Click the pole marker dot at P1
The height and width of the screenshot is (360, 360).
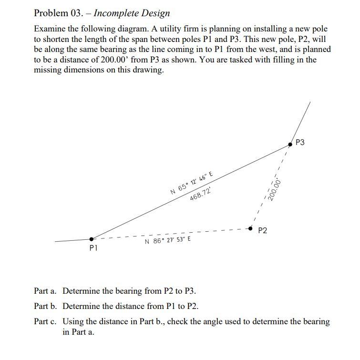92,238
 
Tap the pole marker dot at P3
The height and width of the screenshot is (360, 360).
290,144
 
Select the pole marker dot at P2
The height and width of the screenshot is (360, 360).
250,229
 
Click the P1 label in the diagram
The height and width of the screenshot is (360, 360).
93,248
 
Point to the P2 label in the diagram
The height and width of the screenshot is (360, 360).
262,231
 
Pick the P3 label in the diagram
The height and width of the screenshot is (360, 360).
300,142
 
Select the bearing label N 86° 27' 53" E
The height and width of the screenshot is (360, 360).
168,240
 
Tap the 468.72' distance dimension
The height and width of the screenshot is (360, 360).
200,195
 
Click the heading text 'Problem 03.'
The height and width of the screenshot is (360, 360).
54,13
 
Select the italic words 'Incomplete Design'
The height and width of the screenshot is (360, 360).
132,13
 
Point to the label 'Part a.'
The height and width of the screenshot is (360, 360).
46,291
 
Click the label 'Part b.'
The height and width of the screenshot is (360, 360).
46,306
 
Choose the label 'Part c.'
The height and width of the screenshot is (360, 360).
46,321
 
